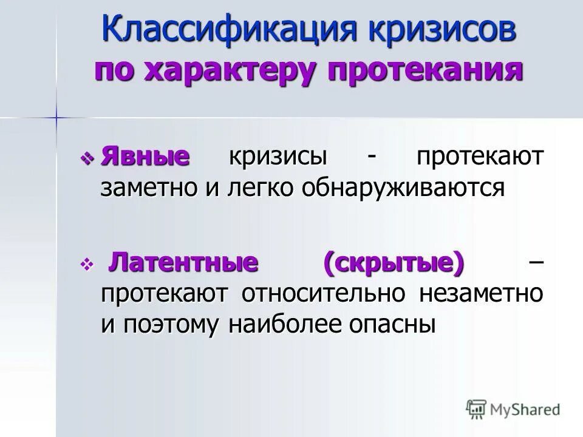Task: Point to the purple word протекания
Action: click(x=425, y=70)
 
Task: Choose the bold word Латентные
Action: click(x=183, y=263)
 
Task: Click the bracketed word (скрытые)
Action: click(x=394, y=263)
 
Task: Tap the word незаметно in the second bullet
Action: click(x=481, y=294)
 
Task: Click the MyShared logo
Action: click(x=513, y=408)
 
